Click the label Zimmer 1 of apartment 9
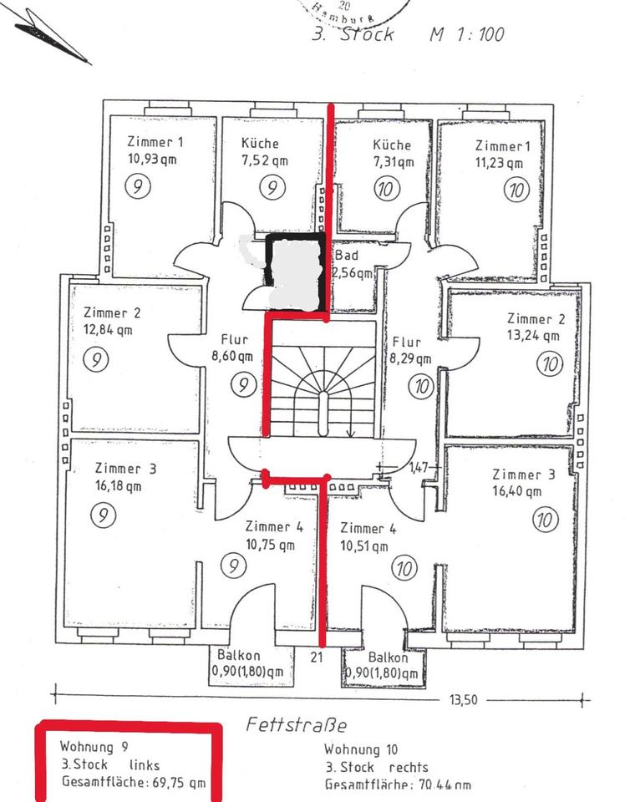(155, 141)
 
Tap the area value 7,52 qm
(265, 160)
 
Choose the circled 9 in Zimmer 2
(98, 358)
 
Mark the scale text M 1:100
(467, 36)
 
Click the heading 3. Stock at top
(352, 36)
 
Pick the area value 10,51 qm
(364, 546)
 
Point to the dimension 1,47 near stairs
(419, 468)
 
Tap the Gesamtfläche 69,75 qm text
(133, 782)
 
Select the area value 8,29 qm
(409, 359)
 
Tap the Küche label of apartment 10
(392, 145)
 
